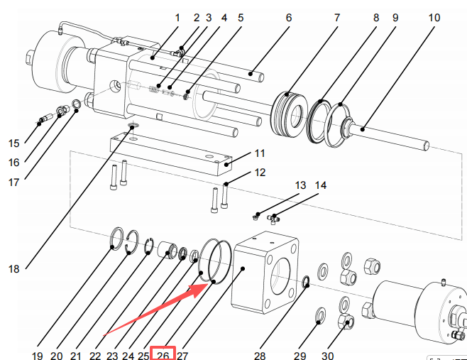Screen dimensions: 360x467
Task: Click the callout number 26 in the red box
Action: click(x=163, y=354)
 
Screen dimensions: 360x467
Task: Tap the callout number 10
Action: click(x=434, y=16)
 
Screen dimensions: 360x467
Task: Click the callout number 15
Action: click(x=13, y=143)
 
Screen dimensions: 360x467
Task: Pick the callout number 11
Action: click(x=259, y=152)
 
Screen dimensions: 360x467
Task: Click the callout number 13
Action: click(x=301, y=186)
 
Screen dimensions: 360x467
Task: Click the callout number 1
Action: click(x=177, y=16)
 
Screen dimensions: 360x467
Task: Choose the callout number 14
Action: click(x=322, y=186)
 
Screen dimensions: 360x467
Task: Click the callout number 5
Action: click(x=241, y=16)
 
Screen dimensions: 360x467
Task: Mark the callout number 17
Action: click(x=13, y=181)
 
